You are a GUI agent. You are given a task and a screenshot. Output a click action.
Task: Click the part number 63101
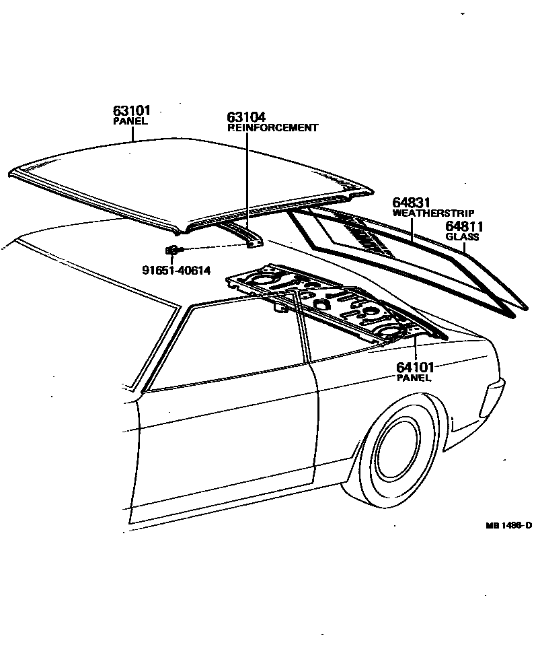click(x=131, y=110)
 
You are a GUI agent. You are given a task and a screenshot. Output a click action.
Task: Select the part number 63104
click(x=246, y=116)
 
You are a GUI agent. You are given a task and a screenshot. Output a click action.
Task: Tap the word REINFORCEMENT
click(x=272, y=127)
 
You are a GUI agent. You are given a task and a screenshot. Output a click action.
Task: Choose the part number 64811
click(x=465, y=227)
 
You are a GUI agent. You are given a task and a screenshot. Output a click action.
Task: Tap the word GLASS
click(x=462, y=237)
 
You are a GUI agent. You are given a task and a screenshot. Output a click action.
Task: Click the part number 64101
click(x=415, y=367)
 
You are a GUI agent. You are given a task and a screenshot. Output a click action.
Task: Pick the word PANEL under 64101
click(x=414, y=378)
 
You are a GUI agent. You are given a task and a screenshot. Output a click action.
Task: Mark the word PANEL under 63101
click(x=129, y=121)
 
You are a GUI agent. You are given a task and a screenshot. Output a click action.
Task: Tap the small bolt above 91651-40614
click(x=171, y=251)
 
